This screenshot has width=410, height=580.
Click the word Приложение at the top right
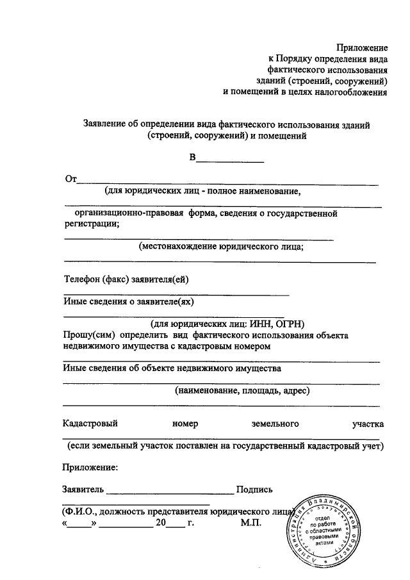(363, 47)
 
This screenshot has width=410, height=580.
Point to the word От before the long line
(70, 179)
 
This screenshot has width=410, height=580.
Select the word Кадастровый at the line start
(90, 424)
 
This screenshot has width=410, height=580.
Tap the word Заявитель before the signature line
(83, 489)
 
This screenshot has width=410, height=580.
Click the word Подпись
(254, 489)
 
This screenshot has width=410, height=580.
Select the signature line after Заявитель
(170, 493)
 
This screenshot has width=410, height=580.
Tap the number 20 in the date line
(160, 523)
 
